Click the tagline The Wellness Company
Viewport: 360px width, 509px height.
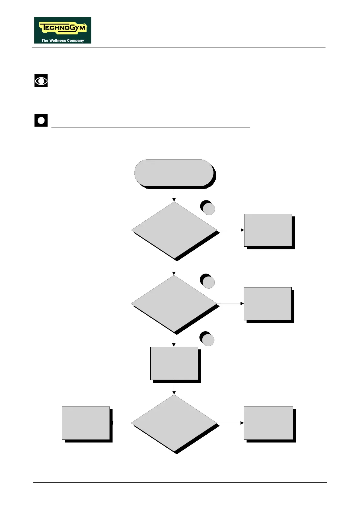pyautogui.click(x=63, y=40)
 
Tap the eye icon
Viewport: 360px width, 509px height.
pyautogui.click(x=41, y=81)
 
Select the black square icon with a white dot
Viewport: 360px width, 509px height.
pyautogui.click(x=41, y=120)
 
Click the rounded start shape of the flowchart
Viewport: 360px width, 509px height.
pyautogui.click(x=174, y=173)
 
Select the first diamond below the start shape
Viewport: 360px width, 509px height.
pyautogui.click(x=174, y=230)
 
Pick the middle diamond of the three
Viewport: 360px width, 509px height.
pyautogui.click(x=174, y=303)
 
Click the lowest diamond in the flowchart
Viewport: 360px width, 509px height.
pyautogui.click(x=174, y=423)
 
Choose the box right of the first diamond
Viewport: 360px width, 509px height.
pyautogui.click(x=268, y=230)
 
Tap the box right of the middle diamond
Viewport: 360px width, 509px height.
pyautogui.click(x=268, y=303)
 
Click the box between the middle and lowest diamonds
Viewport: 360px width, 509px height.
pyautogui.click(x=174, y=363)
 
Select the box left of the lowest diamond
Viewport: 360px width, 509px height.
pyautogui.click(x=86, y=423)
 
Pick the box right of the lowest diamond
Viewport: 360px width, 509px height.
pyautogui.click(x=268, y=423)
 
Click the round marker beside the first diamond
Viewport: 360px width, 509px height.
pyautogui.click(x=208, y=208)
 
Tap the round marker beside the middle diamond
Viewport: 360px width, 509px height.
pyautogui.click(x=208, y=282)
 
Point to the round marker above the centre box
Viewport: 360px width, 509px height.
pyautogui.click(x=208, y=339)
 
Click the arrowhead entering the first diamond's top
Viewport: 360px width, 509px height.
pyautogui.click(x=174, y=200)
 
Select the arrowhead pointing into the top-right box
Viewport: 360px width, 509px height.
pyautogui.click(x=242, y=230)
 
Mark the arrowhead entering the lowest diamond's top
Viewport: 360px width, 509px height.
pyautogui.click(x=174, y=393)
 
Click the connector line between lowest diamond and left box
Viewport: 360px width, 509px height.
pyautogui.click(x=122, y=423)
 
